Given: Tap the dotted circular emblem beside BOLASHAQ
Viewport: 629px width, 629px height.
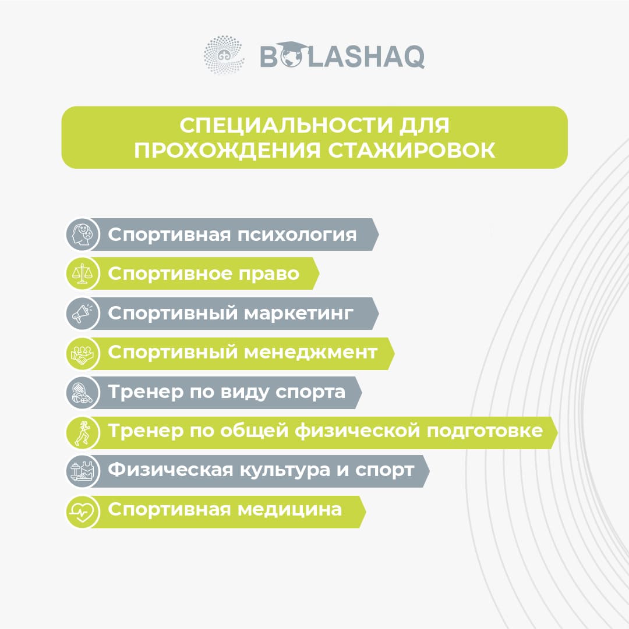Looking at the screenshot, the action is pos(224,55).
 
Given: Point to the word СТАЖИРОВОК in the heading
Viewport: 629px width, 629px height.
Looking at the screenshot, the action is pos(411,151).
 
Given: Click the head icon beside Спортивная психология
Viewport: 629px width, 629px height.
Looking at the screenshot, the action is pos(83,234).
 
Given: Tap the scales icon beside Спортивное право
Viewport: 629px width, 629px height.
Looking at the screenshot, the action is pos(82,274).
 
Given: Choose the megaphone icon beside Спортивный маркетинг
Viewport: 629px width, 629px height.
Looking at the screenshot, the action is pos(82,313).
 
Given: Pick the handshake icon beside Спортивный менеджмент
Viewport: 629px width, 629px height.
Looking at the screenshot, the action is pos(82,353).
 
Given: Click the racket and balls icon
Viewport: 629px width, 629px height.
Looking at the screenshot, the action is pos(82,393).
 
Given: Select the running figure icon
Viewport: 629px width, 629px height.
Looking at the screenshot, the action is pos(83,432).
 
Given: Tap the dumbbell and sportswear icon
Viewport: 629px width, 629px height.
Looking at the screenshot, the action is pos(82,471).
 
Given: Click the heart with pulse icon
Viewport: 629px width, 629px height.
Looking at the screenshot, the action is pos(82,511).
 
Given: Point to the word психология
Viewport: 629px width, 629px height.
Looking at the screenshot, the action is pos(297,234).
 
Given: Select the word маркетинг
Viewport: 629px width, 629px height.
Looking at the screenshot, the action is pos(299,313).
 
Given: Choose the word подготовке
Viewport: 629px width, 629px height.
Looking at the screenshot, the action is pos(485,431).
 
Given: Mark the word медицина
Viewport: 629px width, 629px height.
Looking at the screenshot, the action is pos(289,510).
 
